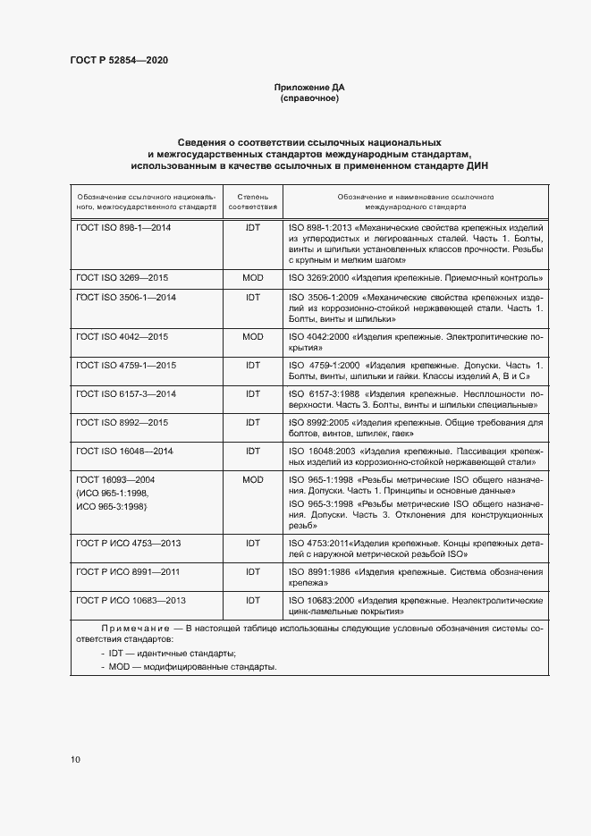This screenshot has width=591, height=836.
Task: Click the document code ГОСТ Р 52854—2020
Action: point(119,60)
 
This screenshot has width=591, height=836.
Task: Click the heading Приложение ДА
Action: point(308,87)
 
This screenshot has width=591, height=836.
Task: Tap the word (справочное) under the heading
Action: point(308,98)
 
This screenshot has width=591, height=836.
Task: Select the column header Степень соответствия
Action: point(253,201)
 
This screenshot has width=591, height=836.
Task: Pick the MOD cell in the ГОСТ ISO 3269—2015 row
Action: point(253,278)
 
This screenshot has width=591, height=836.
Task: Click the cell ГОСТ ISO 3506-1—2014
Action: point(126,297)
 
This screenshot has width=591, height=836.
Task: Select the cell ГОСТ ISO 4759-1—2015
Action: point(126,365)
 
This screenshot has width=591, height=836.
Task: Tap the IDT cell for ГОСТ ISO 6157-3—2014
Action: point(253,393)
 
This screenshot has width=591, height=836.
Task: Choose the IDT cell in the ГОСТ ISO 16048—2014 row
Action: point(253,451)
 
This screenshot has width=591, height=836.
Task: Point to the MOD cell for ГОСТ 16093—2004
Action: point(253,480)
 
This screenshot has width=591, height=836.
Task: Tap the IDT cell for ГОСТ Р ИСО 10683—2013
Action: point(253,599)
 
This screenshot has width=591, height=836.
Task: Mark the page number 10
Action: point(76,759)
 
